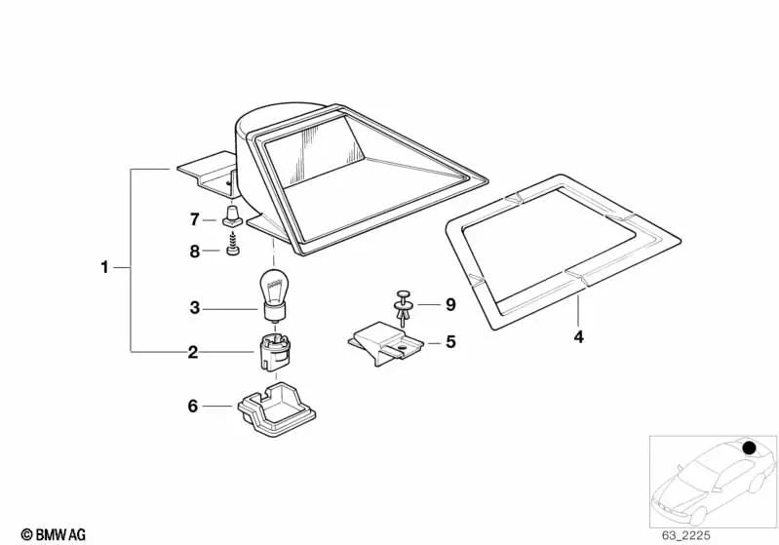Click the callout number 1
pyautogui.click(x=104, y=267)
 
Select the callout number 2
pyautogui.click(x=193, y=352)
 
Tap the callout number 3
pyautogui.click(x=195, y=308)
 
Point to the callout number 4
pyautogui.click(x=578, y=336)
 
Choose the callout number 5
pyautogui.click(x=450, y=342)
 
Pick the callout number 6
pyautogui.click(x=193, y=406)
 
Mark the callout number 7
pyautogui.click(x=195, y=219)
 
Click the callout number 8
pyautogui.click(x=195, y=252)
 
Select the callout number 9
pyautogui.click(x=450, y=304)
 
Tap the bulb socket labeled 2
pyautogui.click(x=273, y=352)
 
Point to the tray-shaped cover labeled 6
pyautogui.click(x=276, y=409)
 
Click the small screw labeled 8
pyautogui.click(x=232, y=246)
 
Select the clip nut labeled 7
pyautogui.click(x=232, y=215)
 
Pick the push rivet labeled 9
pyautogui.click(x=403, y=308)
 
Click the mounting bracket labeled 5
pyautogui.click(x=385, y=343)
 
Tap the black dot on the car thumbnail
pyautogui.click(x=749, y=448)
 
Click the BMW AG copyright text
pyautogui.click(x=54, y=534)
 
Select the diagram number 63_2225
pyautogui.click(x=685, y=535)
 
